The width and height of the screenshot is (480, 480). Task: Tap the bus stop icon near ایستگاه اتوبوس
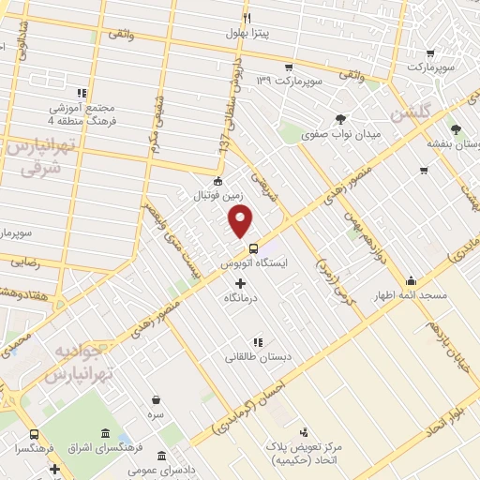(x=254, y=248)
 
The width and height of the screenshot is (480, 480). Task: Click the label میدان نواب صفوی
(x=341, y=134)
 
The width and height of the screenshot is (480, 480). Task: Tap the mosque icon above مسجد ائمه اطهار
(x=411, y=280)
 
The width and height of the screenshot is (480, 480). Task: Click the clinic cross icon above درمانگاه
(x=240, y=283)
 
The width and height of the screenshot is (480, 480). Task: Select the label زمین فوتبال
(x=217, y=195)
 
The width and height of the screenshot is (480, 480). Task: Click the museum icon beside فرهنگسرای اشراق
(x=102, y=435)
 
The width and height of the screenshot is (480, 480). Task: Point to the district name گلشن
(x=413, y=113)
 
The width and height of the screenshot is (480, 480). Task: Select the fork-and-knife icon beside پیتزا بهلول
(x=247, y=18)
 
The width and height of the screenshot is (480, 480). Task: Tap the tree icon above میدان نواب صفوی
(x=339, y=119)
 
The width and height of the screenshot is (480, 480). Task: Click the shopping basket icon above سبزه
(x=156, y=398)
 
